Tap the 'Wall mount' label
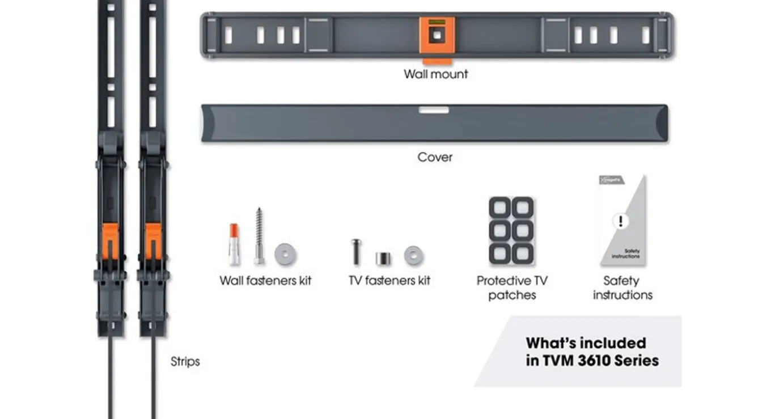point(436,74)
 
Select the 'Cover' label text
point(435,157)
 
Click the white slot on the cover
point(434,110)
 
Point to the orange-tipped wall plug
point(234,244)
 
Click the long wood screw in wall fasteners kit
point(259,236)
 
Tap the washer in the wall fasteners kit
point(285,255)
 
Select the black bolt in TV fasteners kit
point(356,252)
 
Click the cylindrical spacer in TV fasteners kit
point(383,258)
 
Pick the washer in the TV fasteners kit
point(413,256)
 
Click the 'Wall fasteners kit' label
point(265,281)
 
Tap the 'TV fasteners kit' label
point(389,281)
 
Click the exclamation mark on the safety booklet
point(621,221)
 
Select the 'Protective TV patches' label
point(512,288)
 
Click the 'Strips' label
point(185,362)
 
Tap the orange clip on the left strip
point(110,241)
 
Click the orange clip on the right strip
point(153,241)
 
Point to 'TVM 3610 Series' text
point(600,361)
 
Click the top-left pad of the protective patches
point(500,208)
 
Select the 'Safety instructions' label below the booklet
point(622,288)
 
